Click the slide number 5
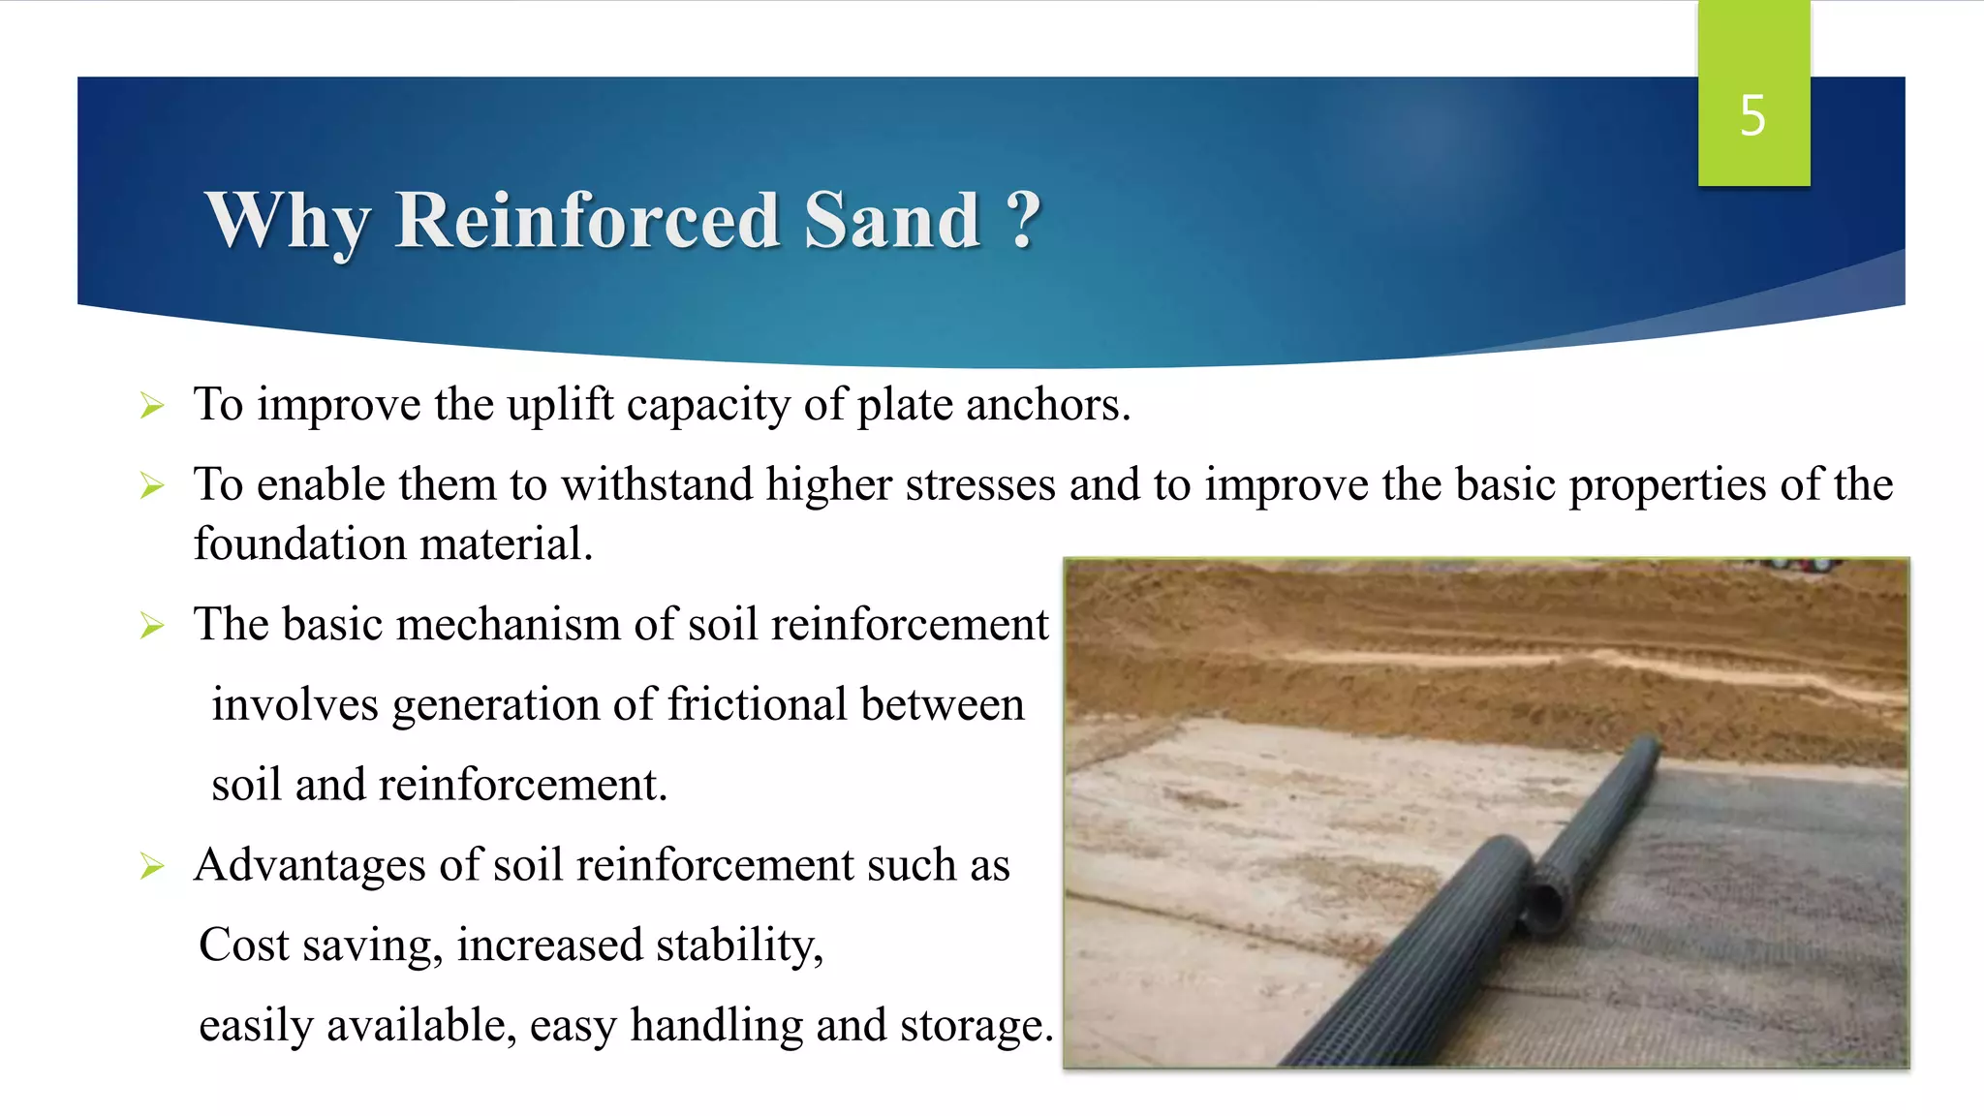pyautogui.click(x=1752, y=116)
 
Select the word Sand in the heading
pyautogui.click(x=892, y=221)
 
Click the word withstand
pyautogui.click(x=657, y=484)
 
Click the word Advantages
pyautogui.click(x=309, y=865)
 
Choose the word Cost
pyautogui.click(x=243, y=945)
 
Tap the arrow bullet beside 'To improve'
pyautogui.click(x=152, y=406)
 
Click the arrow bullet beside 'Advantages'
pyautogui.click(x=152, y=866)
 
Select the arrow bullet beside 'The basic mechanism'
pyautogui.click(x=152, y=626)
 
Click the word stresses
pyautogui.click(x=980, y=484)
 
